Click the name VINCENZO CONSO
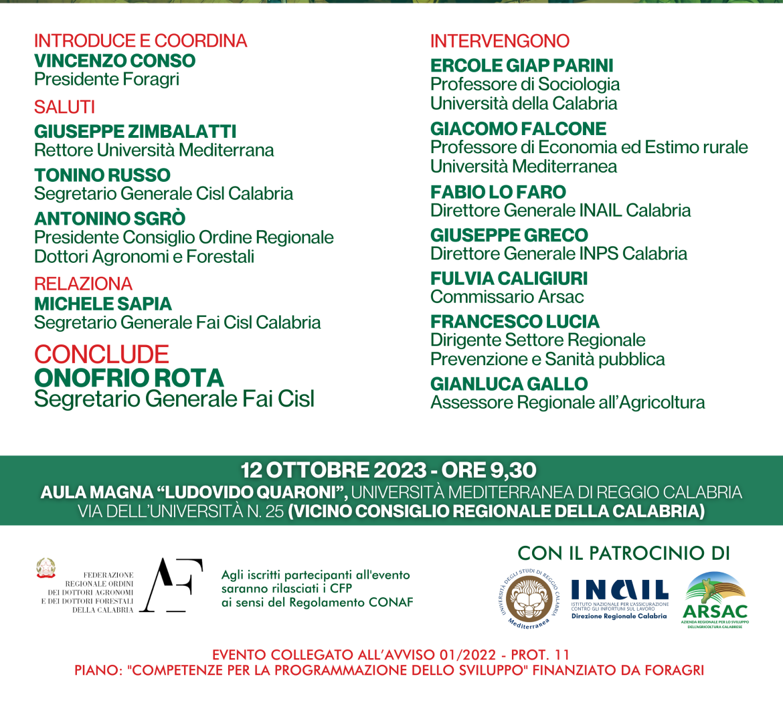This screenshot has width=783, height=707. [114, 61]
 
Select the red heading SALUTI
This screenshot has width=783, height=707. [64, 107]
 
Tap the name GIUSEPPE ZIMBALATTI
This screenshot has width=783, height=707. [135, 131]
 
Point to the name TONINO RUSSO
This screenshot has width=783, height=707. [102, 175]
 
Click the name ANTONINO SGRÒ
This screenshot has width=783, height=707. [110, 219]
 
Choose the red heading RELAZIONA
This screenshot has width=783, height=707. [84, 284]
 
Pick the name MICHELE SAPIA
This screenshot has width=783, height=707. [103, 304]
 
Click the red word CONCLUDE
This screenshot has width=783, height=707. [102, 355]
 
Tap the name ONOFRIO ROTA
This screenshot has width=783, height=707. [129, 378]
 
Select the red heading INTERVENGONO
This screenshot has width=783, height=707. [500, 41]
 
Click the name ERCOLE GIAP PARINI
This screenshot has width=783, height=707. [522, 66]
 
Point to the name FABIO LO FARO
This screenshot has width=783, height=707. [498, 192]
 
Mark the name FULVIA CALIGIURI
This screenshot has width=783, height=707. [509, 278]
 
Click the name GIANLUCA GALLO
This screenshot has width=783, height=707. [509, 384]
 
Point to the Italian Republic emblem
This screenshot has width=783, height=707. [46, 568]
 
